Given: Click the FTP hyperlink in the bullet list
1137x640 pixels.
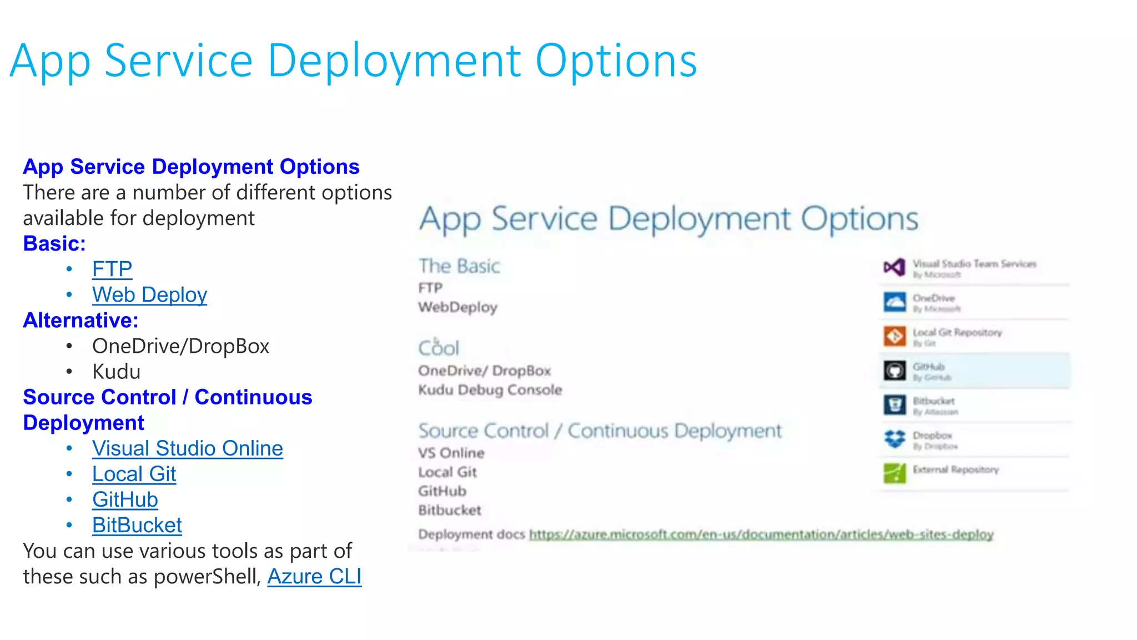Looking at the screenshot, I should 112,269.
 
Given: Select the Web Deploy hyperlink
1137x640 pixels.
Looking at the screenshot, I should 149,295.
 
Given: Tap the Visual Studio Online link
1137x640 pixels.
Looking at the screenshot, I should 187,448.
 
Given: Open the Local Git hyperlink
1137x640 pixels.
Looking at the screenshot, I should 134,474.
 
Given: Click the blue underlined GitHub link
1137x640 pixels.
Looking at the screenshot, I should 125,499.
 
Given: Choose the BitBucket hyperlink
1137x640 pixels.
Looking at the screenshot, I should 137,525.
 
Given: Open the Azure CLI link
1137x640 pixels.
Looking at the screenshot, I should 314,576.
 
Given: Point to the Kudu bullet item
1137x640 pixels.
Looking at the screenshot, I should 116,372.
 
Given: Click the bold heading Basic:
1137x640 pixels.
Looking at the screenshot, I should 54,244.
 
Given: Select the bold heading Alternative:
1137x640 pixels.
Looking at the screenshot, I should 81,321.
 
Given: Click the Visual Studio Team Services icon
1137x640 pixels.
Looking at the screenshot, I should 894,268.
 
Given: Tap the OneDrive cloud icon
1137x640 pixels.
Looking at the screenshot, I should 894,302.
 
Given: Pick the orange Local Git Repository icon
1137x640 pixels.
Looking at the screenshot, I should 894,336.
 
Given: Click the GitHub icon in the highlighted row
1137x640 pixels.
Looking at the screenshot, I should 894,371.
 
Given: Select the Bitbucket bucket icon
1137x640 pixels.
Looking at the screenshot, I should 894,405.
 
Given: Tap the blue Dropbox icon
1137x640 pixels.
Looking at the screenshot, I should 894,439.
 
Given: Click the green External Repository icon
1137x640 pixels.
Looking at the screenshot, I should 894,473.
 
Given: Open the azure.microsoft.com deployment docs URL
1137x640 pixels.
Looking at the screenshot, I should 761,534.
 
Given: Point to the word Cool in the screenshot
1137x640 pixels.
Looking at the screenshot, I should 439,348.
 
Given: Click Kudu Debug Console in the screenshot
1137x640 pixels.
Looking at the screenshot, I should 490,390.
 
